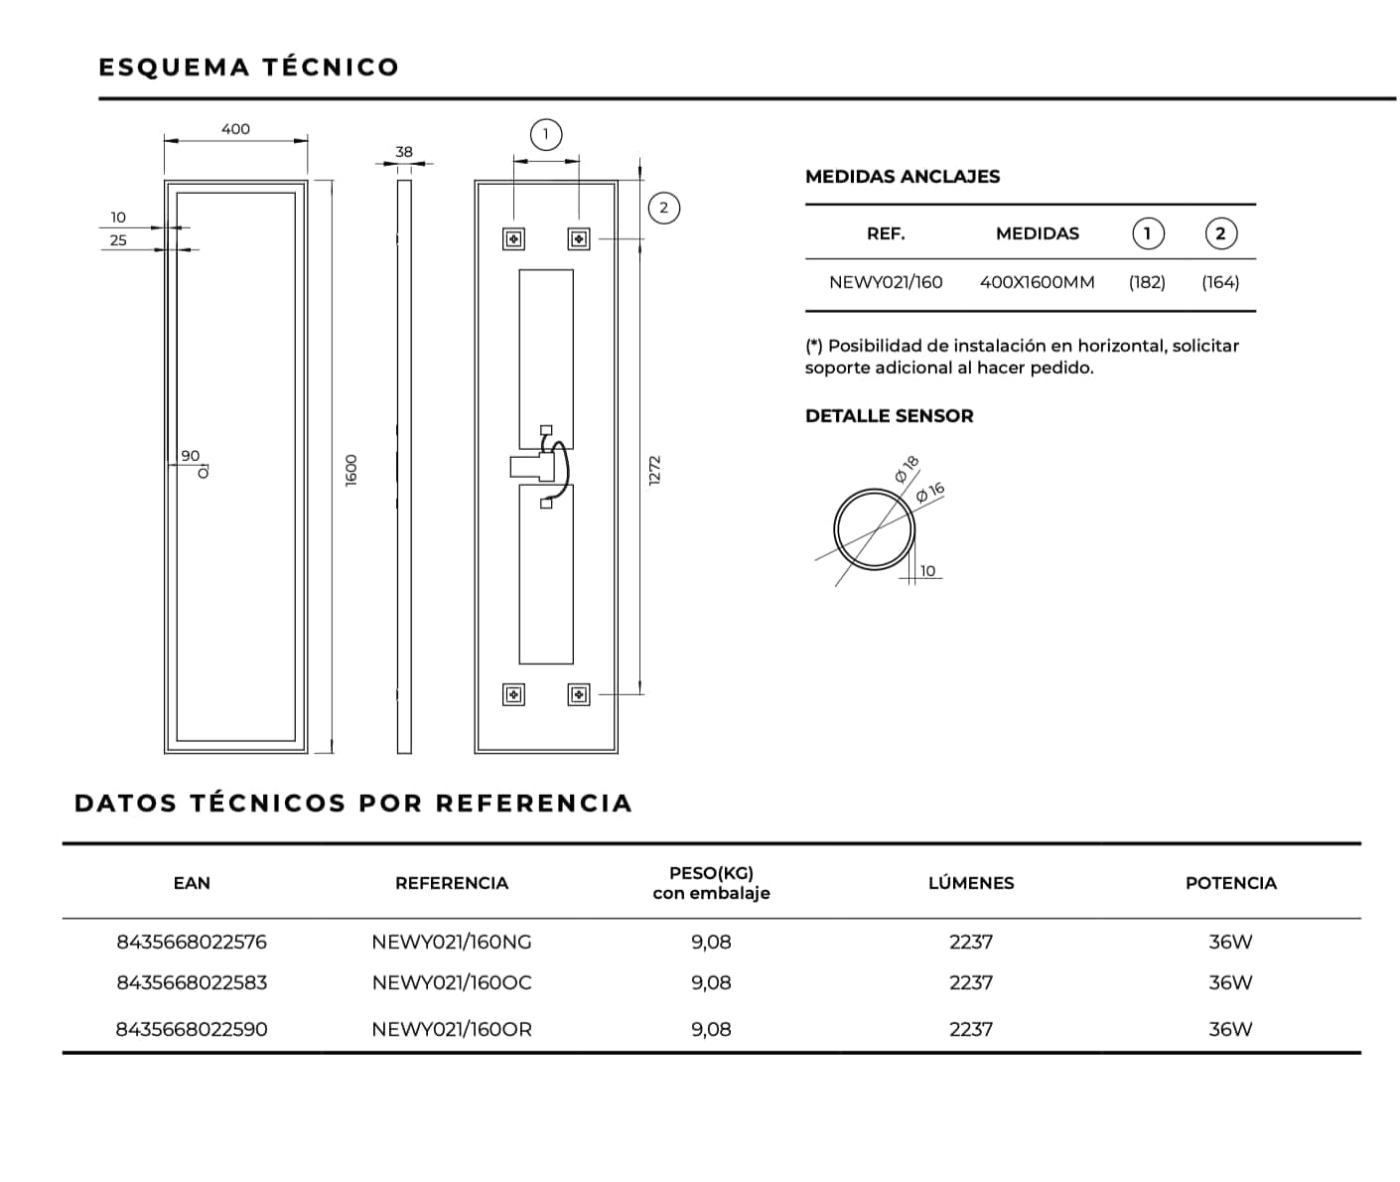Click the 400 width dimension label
click(x=235, y=129)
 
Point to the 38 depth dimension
click(x=404, y=152)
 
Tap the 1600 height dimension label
click(x=351, y=470)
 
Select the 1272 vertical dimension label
click(x=655, y=470)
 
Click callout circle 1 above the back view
click(x=546, y=135)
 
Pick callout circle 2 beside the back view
click(x=664, y=208)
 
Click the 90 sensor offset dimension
click(x=191, y=456)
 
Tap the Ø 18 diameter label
click(x=908, y=469)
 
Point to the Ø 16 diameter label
click(x=930, y=493)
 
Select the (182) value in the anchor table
click(x=1147, y=282)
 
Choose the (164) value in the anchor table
click(x=1220, y=282)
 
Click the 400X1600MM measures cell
click(x=1038, y=282)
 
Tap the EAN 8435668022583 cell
click(x=192, y=982)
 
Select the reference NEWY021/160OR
click(x=452, y=1029)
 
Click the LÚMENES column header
click(x=971, y=883)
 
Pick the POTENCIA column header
click(x=1231, y=883)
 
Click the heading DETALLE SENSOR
click(x=889, y=416)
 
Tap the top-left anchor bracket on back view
click(x=513, y=239)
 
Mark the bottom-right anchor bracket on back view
click(x=579, y=695)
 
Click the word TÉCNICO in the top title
click(x=331, y=68)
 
